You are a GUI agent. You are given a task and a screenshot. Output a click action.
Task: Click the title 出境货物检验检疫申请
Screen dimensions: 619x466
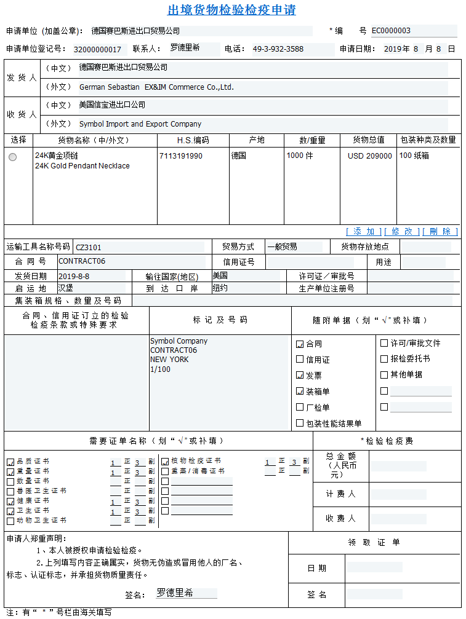pyautogui.click(x=232, y=10)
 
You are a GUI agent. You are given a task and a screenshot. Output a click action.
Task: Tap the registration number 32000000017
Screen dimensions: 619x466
pyautogui.click(x=98, y=49)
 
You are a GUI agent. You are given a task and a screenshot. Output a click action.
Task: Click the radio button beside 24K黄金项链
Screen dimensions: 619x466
pyautogui.click(x=13, y=157)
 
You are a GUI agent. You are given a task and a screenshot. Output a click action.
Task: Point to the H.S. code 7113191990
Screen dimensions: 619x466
pyautogui.click(x=181, y=156)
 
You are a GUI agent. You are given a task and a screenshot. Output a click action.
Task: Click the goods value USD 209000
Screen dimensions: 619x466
pyautogui.click(x=369, y=156)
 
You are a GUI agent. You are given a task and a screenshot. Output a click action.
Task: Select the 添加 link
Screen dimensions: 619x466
pyautogui.click(x=363, y=231)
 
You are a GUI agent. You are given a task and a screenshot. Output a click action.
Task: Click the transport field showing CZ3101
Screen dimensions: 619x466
pyautogui.click(x=139, y=247)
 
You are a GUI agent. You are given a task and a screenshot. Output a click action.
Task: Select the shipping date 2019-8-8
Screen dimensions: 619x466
pyautogui.click(x=91, y=277)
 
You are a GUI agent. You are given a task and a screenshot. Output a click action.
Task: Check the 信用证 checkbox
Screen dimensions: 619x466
pyautogui.click(x=300, y=360)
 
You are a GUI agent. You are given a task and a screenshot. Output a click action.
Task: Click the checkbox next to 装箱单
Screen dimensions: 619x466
pyautogui.click(x=300, y=391)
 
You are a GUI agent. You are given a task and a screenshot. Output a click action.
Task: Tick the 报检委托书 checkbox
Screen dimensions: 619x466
pyautogui.click(x=384, y=359)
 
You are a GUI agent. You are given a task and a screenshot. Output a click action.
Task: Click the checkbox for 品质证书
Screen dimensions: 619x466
pyautogui.click(x=10, y=462)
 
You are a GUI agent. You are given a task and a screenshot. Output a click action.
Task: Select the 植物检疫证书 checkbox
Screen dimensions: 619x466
pyautogui.click(x=165, y=461)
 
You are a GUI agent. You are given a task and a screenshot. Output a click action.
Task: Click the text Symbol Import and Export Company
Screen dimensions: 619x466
pyautogui.click(x=140, y=124)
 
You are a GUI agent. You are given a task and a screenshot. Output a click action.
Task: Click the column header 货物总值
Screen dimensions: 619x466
pyautogui.click(x=369, y=140)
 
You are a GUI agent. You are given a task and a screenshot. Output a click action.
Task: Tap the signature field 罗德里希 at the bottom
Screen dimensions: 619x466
pyautogui.click(x=185, y=593)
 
